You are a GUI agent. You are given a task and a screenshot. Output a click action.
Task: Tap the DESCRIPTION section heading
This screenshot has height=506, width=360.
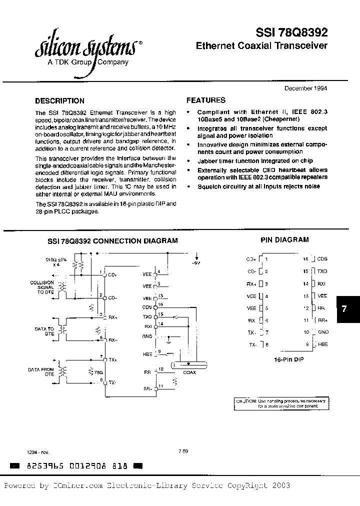[x=59, y=100]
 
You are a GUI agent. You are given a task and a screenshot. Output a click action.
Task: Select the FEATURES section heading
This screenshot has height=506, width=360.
[x=206, y=100]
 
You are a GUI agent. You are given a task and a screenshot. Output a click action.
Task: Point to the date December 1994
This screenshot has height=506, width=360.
[x=306, y=88]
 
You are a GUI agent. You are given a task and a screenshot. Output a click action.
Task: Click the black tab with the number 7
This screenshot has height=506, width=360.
[x=344, y=308]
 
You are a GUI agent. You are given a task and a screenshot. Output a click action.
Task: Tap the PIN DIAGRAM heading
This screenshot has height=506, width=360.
[x=285, y=240]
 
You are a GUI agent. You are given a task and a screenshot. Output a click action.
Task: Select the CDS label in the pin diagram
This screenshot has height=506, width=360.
[x=322, y=259]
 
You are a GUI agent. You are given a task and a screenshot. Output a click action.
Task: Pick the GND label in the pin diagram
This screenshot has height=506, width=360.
[x=323, y=332]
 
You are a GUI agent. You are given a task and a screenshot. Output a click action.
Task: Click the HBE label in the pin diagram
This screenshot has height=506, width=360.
[x=322, y=344]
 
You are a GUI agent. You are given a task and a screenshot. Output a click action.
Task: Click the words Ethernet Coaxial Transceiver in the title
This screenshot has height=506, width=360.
[x=261, y=46]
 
